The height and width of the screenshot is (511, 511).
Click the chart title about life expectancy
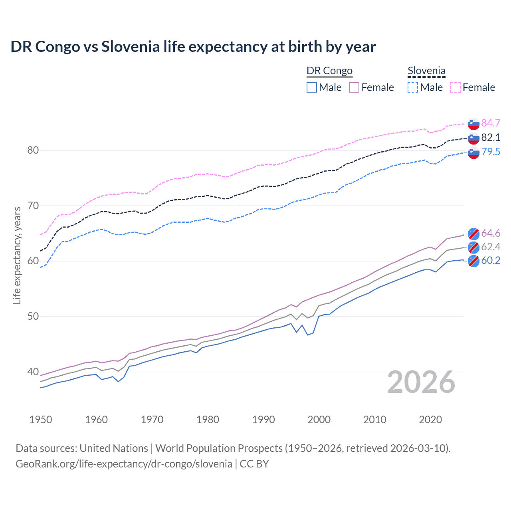(x=193, y=47)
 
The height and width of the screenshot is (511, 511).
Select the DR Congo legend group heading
(x=329, y=71)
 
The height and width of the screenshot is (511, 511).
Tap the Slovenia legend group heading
(x=426, y=71)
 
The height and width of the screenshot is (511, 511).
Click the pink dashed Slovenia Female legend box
(x=456, y=87)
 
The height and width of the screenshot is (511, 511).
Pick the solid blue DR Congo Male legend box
(x=312, y=87)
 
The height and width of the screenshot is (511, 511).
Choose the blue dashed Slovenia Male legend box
(x=413, y=87)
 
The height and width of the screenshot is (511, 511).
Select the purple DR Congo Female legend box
(x=354, y=87)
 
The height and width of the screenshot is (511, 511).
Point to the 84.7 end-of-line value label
(x=491, y=123)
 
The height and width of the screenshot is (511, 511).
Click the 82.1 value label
(x=491, y=137)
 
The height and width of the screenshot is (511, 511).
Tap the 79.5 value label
(x=491, y=152)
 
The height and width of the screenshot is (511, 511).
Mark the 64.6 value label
(x=491, y=233)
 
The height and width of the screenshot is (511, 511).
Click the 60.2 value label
(x=491, y=260)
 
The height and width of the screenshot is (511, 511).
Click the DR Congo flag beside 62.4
(x=473, y=247)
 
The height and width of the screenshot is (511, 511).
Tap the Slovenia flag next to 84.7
(x=473, y=124)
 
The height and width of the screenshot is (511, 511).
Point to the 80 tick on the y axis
(x=33, y=151)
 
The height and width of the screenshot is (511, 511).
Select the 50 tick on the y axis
(x=33, y=317)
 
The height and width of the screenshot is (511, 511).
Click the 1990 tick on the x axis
(x=263, y=420)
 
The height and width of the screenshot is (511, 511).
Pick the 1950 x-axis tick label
(x=41, y=420)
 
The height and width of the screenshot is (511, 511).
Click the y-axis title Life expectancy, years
(x=17, y=255)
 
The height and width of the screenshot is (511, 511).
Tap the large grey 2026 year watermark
(x=421, y=382)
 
